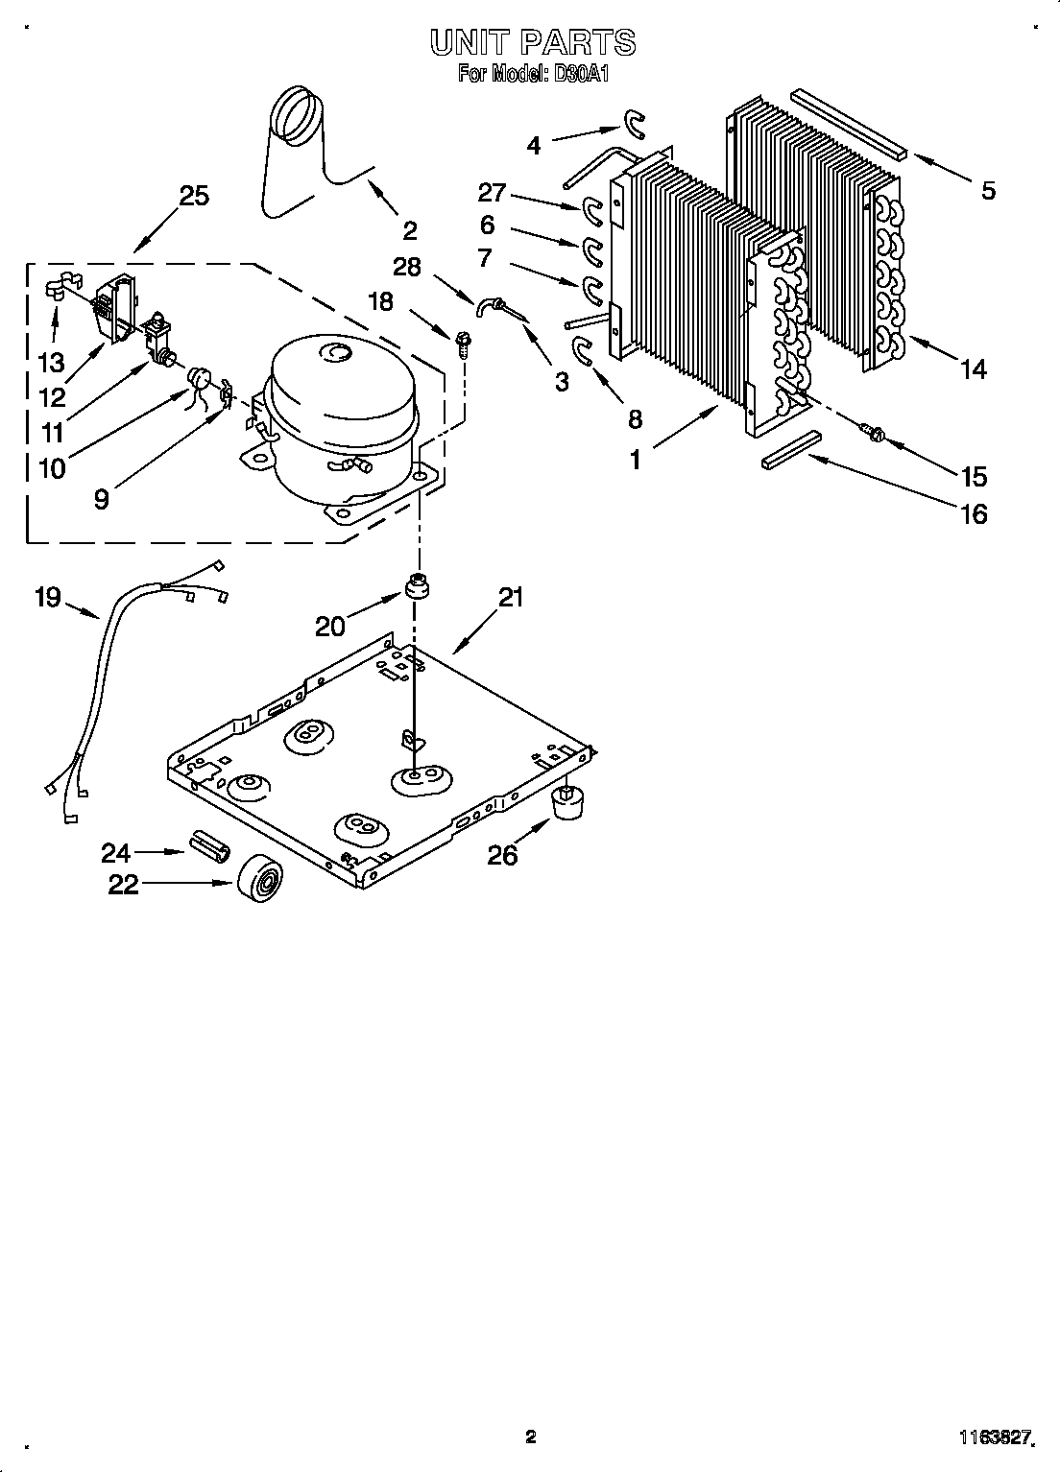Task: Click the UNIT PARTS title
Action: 531,42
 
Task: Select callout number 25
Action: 193,196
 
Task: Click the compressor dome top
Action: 341,369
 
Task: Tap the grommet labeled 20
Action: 418,585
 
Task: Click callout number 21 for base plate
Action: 511,597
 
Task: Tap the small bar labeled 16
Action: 793,449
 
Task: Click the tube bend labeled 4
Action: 635,122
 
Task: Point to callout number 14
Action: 973,368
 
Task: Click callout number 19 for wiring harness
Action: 47,597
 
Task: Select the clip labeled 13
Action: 59,286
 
